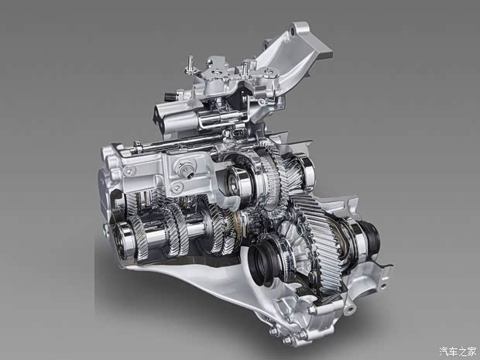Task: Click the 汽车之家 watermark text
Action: (458, 351)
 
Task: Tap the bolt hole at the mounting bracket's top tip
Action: (293, 32)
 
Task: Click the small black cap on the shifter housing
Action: (169, 98)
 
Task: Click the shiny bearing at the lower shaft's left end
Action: (122, 238)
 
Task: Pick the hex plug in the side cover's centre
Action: (185, 168)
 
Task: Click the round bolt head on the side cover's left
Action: (129, 171)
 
